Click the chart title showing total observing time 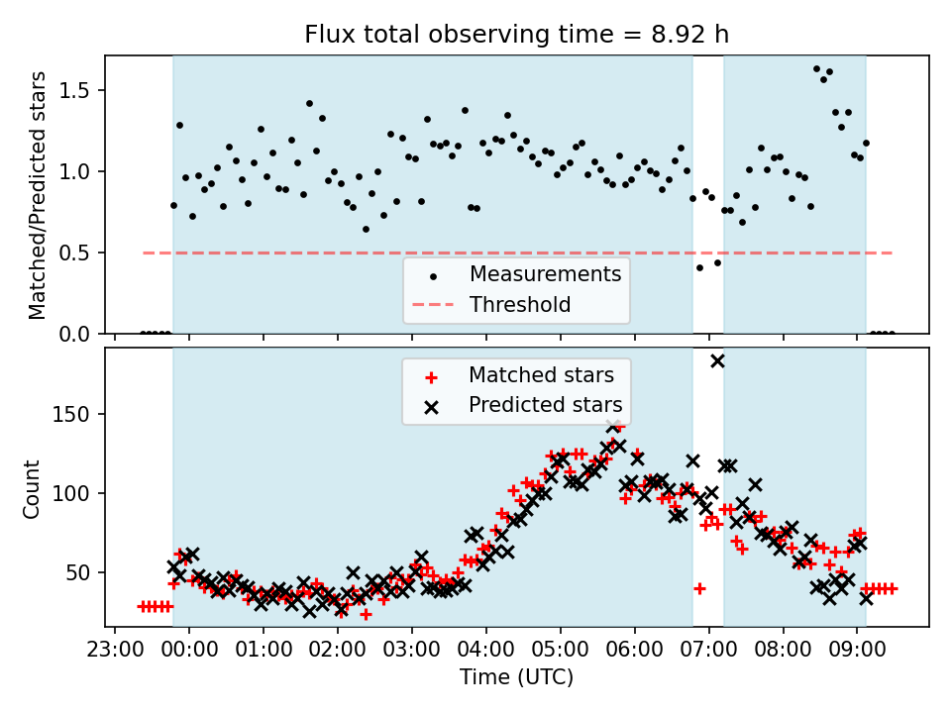(x=516, y=35)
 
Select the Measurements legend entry (x=545, y=273)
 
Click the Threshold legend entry (x=520, y=304)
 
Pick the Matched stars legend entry (x=541, y=375)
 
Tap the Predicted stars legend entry (x=545, y=405)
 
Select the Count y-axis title (x=33, y=488)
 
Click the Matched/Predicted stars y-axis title (x=38, y=195)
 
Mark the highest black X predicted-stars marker (x=717, y=361)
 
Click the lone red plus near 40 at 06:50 (x=699, y=588)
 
